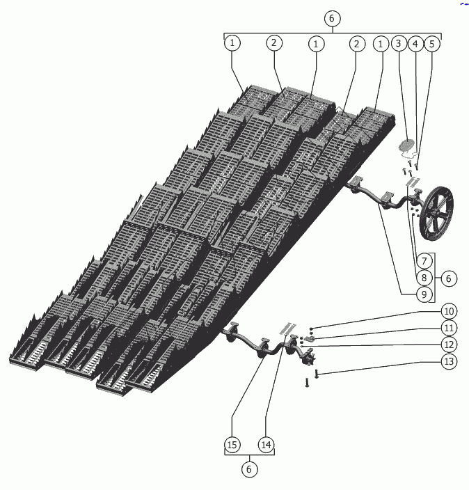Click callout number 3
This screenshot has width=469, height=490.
(398, 43)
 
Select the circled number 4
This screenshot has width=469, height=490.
(415, 43)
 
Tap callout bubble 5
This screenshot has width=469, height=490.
(432, 43)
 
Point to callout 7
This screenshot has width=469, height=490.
(424, 261)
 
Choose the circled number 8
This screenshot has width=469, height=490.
(424, 278)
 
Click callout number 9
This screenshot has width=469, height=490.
(424, 294)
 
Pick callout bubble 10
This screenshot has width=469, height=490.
(449, 310)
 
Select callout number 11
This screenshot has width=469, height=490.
(449, 327)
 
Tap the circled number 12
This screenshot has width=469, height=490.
(449, 344)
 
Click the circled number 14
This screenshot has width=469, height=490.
(266, 444)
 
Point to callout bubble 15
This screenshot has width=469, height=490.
(232, 444)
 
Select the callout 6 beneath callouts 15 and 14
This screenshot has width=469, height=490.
(249, 470)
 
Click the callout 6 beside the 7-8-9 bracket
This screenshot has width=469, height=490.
(449, 278)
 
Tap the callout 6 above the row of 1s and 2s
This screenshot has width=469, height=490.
(332, 17)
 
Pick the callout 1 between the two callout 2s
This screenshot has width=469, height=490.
(317, 43)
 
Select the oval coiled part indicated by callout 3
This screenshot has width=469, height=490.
(406, 146)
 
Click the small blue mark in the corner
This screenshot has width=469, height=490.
(463, 3)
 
